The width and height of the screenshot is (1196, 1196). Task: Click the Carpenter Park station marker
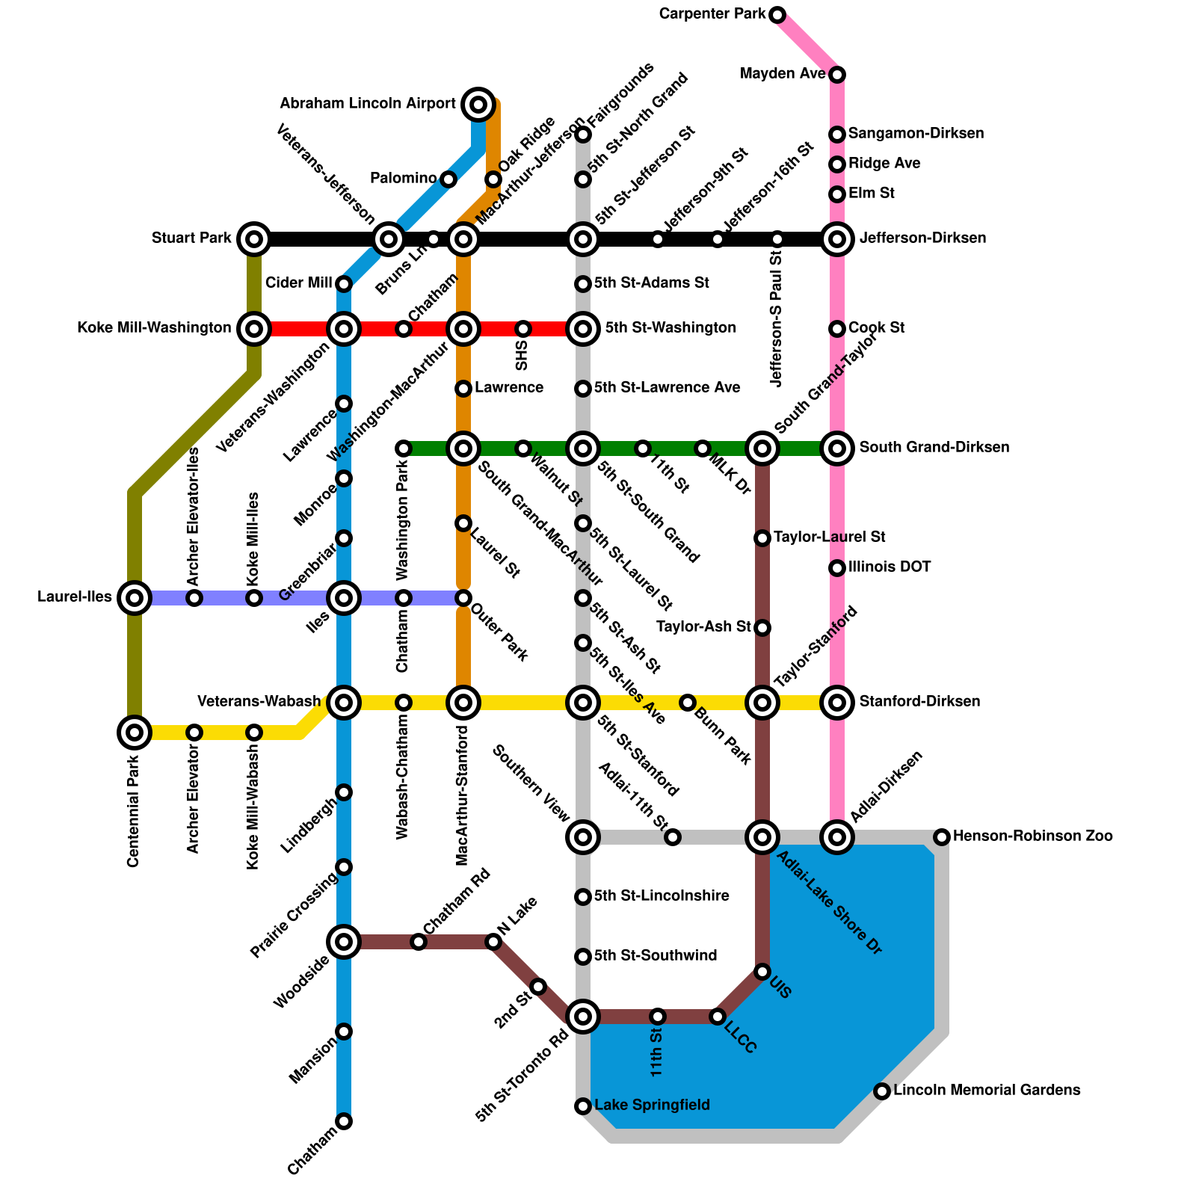tap(777, 15)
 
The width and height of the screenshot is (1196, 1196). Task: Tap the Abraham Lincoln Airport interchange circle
tap(478, 105)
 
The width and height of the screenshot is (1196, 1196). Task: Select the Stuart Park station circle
tap(254, 239)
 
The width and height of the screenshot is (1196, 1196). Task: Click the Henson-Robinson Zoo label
tap(1033, 836)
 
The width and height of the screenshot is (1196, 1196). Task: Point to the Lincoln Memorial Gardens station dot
tap(882, 1091)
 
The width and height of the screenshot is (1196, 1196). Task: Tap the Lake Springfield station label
tap(652, 1106)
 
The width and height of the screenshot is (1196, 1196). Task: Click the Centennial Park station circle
tap(135, 733)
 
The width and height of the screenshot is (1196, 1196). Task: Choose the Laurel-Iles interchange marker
tap(135, 598)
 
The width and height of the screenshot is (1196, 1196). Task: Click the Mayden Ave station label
tap(783, 74)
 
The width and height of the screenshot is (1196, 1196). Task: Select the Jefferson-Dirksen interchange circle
tap(837, 239)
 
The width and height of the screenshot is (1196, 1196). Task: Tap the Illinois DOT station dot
tap(837, 568)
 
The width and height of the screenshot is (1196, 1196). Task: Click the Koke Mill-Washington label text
tap(154, 328)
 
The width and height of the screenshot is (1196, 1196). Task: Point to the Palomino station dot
tap(449, 179)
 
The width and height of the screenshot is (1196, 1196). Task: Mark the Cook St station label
tap(876, 328)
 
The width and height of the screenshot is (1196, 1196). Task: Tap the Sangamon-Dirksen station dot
tap(837, 135)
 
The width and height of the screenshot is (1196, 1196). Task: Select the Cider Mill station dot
tap(344, 284)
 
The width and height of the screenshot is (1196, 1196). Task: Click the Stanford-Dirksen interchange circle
tap(837, 703)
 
